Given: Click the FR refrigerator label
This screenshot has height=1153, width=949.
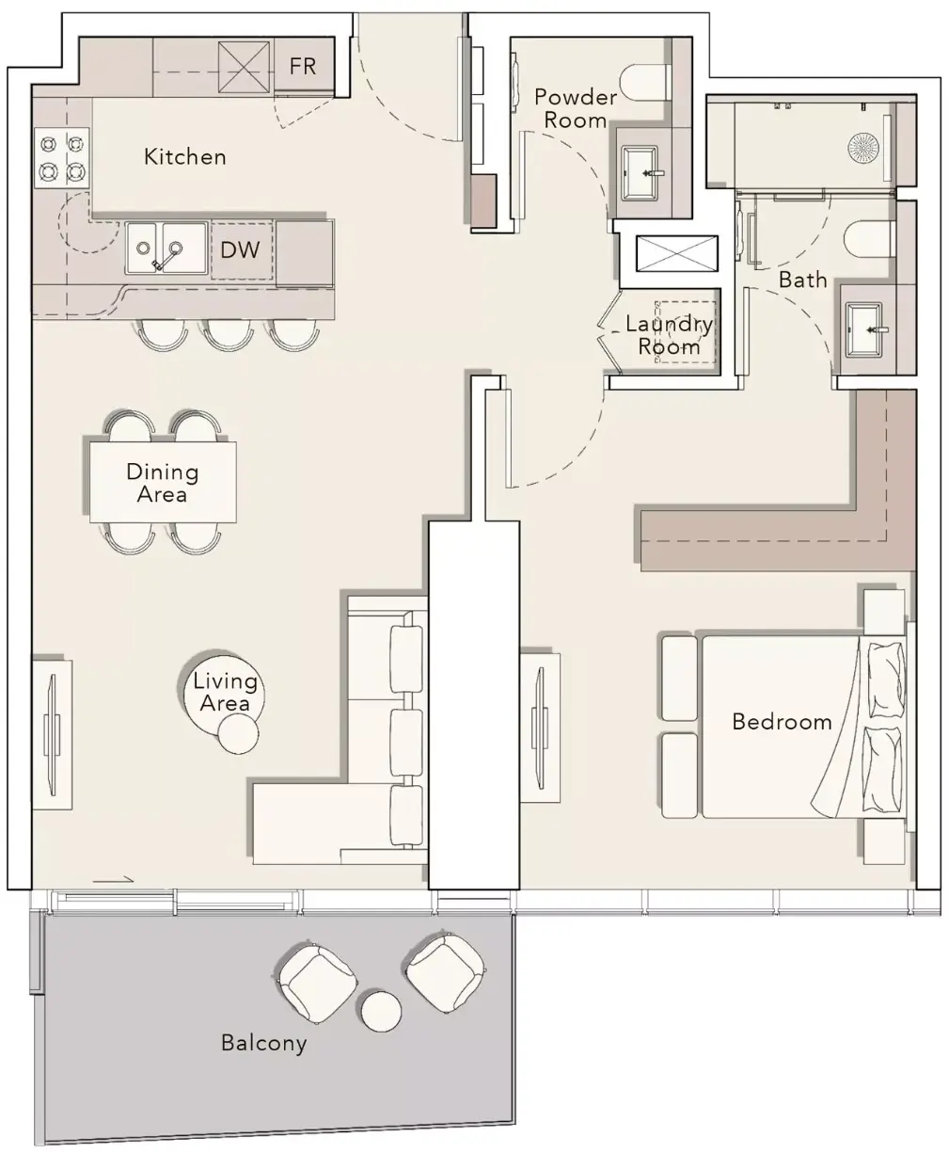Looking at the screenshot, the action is tap(302, 67).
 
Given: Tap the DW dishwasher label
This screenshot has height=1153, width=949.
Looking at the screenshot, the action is tap(240, 250).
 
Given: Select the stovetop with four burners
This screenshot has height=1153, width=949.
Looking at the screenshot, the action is tap(62, 158).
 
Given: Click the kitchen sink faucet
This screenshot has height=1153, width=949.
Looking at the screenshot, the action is tap(166, 256).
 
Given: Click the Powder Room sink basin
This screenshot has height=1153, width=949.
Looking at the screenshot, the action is tap(641, 172).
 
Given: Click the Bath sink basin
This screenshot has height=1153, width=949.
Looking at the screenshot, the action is tap(865, 329).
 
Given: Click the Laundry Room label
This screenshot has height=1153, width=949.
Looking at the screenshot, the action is tap(669, 335).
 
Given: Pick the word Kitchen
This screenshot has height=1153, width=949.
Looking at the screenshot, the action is tap(185, 157).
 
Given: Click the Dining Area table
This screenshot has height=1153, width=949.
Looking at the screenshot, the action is tap(163, 482).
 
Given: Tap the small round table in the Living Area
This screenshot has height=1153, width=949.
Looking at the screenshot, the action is tap(238, 733).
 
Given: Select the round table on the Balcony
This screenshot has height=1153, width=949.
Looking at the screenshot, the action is tap(381, 1011).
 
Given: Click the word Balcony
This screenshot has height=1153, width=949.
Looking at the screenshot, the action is tap(263, 1043).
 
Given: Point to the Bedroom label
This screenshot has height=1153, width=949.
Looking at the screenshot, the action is tap(782, 722).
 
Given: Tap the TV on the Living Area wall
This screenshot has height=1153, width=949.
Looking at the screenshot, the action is tap(53, 734).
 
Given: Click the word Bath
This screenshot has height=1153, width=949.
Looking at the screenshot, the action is tap(803, 280).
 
